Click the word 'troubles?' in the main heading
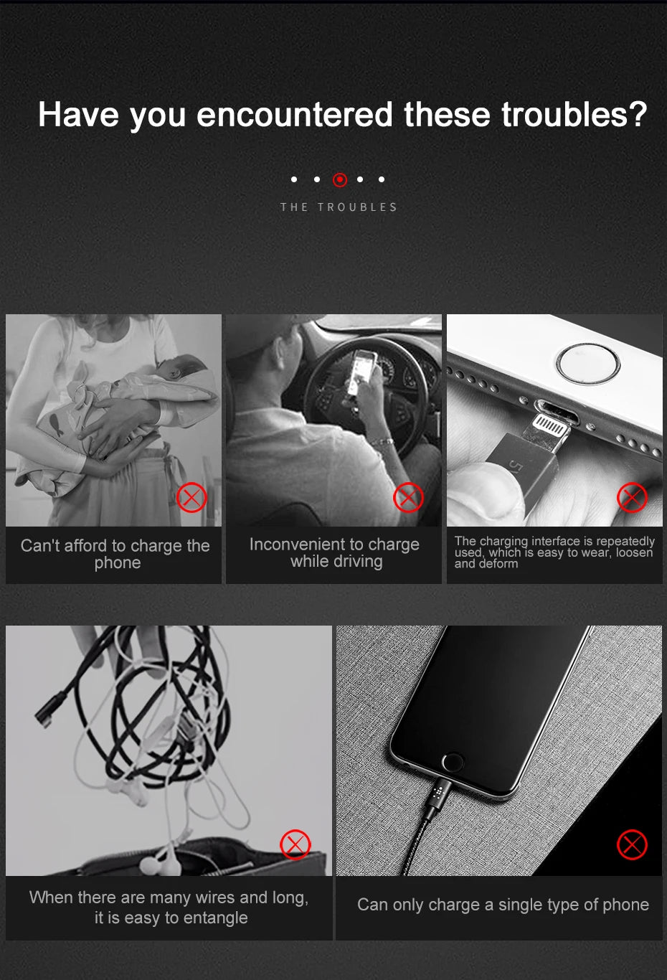[x=574, y=115]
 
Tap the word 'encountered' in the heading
[x=294, y=115]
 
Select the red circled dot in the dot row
[x=340, y=180]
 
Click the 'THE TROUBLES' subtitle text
[x=339, y=207]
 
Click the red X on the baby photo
[x=191, y=498]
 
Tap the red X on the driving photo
[x=408, y=497]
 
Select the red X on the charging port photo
[x=632, y=497]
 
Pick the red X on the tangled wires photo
[x=295, y=844]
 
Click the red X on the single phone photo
[x=632, y=844]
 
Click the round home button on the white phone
[x=588, y=364]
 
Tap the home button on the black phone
[x=453, y=762]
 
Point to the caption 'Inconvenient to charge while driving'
[x=335, y=552]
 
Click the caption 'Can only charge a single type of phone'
[x=503, y=905]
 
